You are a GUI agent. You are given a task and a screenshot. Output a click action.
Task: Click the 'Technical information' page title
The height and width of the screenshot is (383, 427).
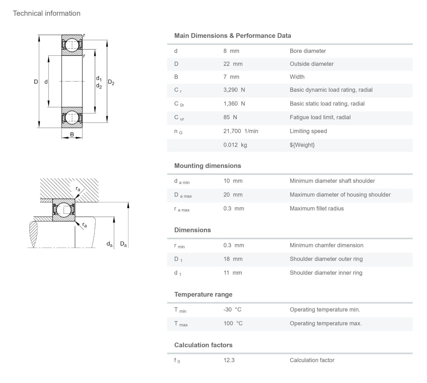46,13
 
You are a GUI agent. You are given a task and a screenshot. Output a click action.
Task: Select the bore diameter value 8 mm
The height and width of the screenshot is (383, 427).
231,51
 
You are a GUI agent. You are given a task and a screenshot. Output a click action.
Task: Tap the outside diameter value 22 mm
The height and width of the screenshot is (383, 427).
233,64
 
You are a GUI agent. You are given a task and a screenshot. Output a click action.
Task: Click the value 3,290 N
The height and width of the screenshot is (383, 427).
234,90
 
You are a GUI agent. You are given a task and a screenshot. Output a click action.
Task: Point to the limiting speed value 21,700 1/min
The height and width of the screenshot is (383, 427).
240,131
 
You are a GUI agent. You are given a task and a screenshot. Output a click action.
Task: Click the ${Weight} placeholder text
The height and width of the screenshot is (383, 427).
302,145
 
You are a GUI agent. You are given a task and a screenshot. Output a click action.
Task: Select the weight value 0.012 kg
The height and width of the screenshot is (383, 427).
235,145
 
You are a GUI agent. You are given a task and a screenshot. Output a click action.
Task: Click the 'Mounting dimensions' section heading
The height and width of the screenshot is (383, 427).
207,166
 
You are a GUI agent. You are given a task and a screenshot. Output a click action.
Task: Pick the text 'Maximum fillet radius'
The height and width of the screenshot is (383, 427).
316,208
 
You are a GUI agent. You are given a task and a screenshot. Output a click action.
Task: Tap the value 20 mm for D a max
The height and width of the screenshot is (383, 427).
233,195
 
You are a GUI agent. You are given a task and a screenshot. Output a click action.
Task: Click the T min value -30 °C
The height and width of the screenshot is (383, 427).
232,310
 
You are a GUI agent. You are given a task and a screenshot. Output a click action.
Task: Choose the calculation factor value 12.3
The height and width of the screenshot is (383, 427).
229,360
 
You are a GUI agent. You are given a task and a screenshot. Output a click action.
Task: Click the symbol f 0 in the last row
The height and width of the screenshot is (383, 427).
177,361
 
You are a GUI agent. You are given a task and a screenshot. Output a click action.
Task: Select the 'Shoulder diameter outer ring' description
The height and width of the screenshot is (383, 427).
326,259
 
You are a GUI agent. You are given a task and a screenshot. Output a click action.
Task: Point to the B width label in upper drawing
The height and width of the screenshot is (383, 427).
72,135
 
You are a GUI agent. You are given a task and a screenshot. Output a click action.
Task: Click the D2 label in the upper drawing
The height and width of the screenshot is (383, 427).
111,82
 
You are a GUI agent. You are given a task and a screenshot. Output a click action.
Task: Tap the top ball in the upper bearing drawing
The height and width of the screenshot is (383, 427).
72,45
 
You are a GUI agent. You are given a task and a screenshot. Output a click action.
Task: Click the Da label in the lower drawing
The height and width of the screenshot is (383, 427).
123,244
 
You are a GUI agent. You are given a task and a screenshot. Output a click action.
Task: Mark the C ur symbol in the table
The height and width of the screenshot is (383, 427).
179,118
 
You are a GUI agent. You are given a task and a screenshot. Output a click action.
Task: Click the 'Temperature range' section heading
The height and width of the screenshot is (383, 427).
203,294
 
